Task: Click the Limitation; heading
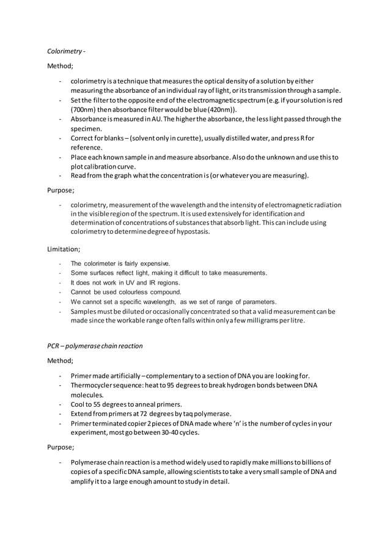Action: pos(64,249)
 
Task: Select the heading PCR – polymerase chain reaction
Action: pos(95,346)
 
